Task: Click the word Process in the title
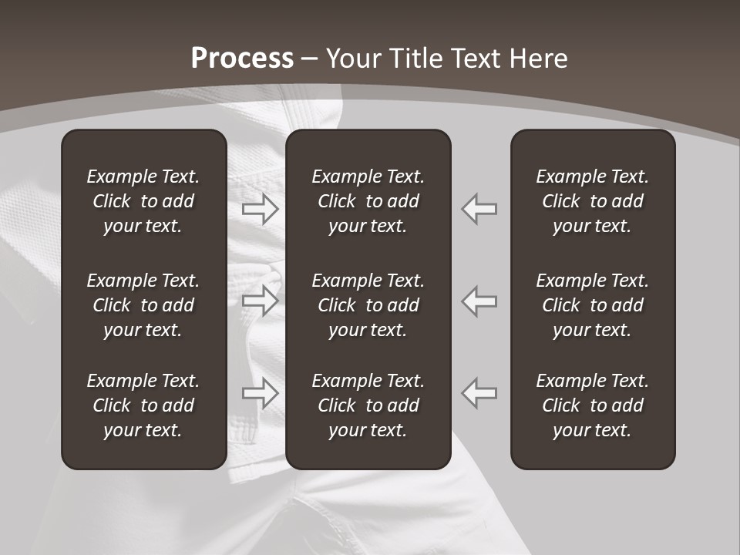[242, 59]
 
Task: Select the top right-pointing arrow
[261, 209]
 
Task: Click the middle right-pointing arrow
[261, 301]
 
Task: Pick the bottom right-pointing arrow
[261, 393]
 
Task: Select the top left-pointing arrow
[479, 209]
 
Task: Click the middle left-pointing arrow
[479, 301]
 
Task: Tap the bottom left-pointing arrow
[479, 393]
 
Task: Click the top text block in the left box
[143, 201]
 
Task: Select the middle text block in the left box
[143, 305]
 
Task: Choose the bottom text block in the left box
[143, 405]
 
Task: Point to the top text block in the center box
[368, 201]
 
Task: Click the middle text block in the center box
[368, 305]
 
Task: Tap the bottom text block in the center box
[368, 405]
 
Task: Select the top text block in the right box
[592, 201]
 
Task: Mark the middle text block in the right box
[592, 305]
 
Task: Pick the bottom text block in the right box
[592, 405]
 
